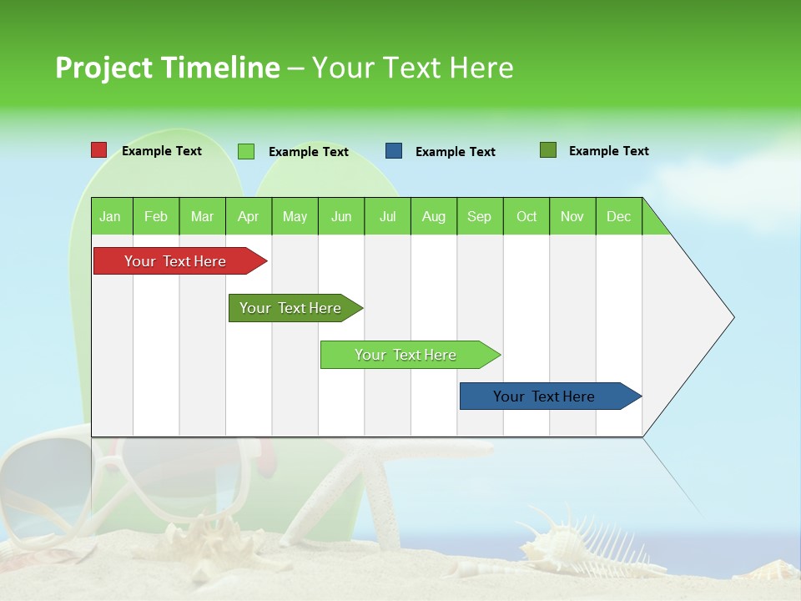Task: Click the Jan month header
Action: pos(110,217)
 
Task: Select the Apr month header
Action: pos(248,217)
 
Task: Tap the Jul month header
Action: pos(387,217)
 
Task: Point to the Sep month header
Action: pos(479,217)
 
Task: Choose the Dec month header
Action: pos(618,217)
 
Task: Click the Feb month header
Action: pos(156,217)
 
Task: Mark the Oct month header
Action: pos(526,217)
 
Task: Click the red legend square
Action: pos(99,150)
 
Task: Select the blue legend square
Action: pos(394,151)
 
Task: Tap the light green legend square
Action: pos(246,151)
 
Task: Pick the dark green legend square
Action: pos(548,150)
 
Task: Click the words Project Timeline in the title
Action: pos(167,68)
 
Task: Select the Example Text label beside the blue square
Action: pos(455,152)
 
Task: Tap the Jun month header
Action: pos(341,217)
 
